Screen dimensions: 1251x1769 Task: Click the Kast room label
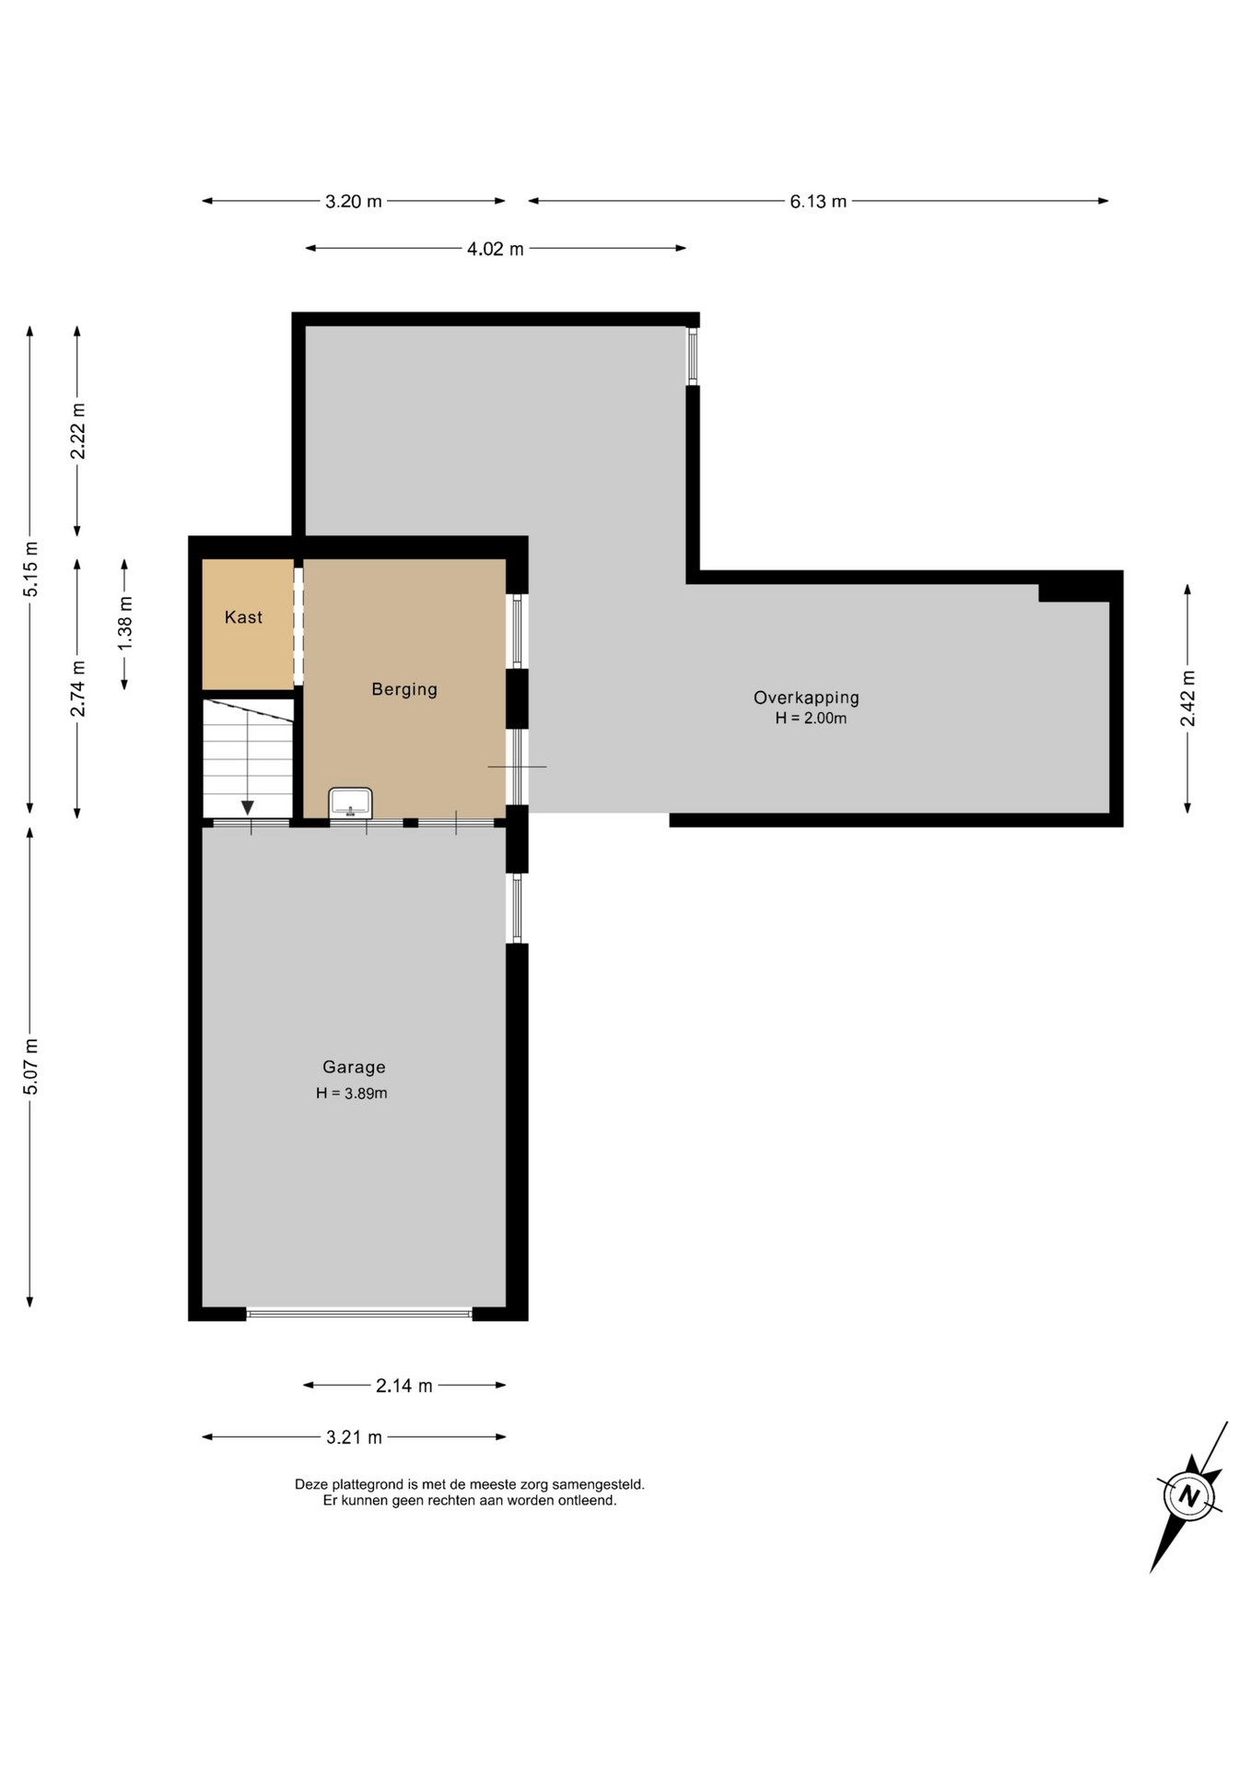243,617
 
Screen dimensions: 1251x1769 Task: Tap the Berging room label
404,689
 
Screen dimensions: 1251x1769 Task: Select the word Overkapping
806,697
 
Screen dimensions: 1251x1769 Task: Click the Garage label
354,1067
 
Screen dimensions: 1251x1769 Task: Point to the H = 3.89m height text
352,1094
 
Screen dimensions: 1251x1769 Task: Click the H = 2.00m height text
811,719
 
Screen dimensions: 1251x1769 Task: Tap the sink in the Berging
350,802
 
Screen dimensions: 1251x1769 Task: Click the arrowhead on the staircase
247,808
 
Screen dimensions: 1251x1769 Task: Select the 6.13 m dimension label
818,201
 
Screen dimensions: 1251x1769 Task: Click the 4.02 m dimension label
495,249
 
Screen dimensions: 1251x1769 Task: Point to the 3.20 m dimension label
353,201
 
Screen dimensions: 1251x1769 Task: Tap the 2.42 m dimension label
1188,697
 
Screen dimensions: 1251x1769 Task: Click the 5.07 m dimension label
30,1067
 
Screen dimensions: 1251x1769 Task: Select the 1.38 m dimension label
125,623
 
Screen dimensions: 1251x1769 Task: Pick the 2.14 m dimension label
403,1386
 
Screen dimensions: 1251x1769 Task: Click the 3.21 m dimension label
354,1437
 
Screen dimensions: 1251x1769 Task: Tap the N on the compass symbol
1189,1495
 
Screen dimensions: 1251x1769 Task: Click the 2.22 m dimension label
78,430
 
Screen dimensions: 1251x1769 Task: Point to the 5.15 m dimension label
30,568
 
